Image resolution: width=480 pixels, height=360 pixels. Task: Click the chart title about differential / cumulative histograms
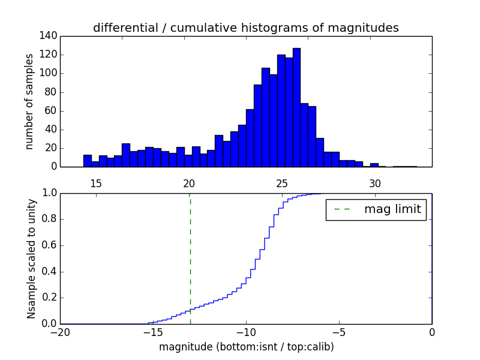245,28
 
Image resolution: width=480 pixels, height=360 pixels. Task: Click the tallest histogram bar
296,108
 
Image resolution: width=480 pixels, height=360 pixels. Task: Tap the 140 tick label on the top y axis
49,36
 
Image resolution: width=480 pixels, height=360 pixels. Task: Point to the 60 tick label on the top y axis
52,111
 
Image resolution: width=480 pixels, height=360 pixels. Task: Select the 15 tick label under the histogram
96,183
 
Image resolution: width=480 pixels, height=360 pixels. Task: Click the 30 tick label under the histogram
375,183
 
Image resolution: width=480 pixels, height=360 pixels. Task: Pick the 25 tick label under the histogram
282,183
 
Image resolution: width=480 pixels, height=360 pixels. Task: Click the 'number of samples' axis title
29,101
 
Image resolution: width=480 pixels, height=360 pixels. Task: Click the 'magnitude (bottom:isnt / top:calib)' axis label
246,347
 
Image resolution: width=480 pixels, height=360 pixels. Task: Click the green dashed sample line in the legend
342,209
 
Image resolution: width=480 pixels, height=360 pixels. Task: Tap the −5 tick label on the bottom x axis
339,332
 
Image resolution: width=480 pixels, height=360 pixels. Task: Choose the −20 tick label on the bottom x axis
60,332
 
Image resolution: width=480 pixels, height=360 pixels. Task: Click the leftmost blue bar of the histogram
87,161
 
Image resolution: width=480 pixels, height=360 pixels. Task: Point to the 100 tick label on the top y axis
49,73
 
